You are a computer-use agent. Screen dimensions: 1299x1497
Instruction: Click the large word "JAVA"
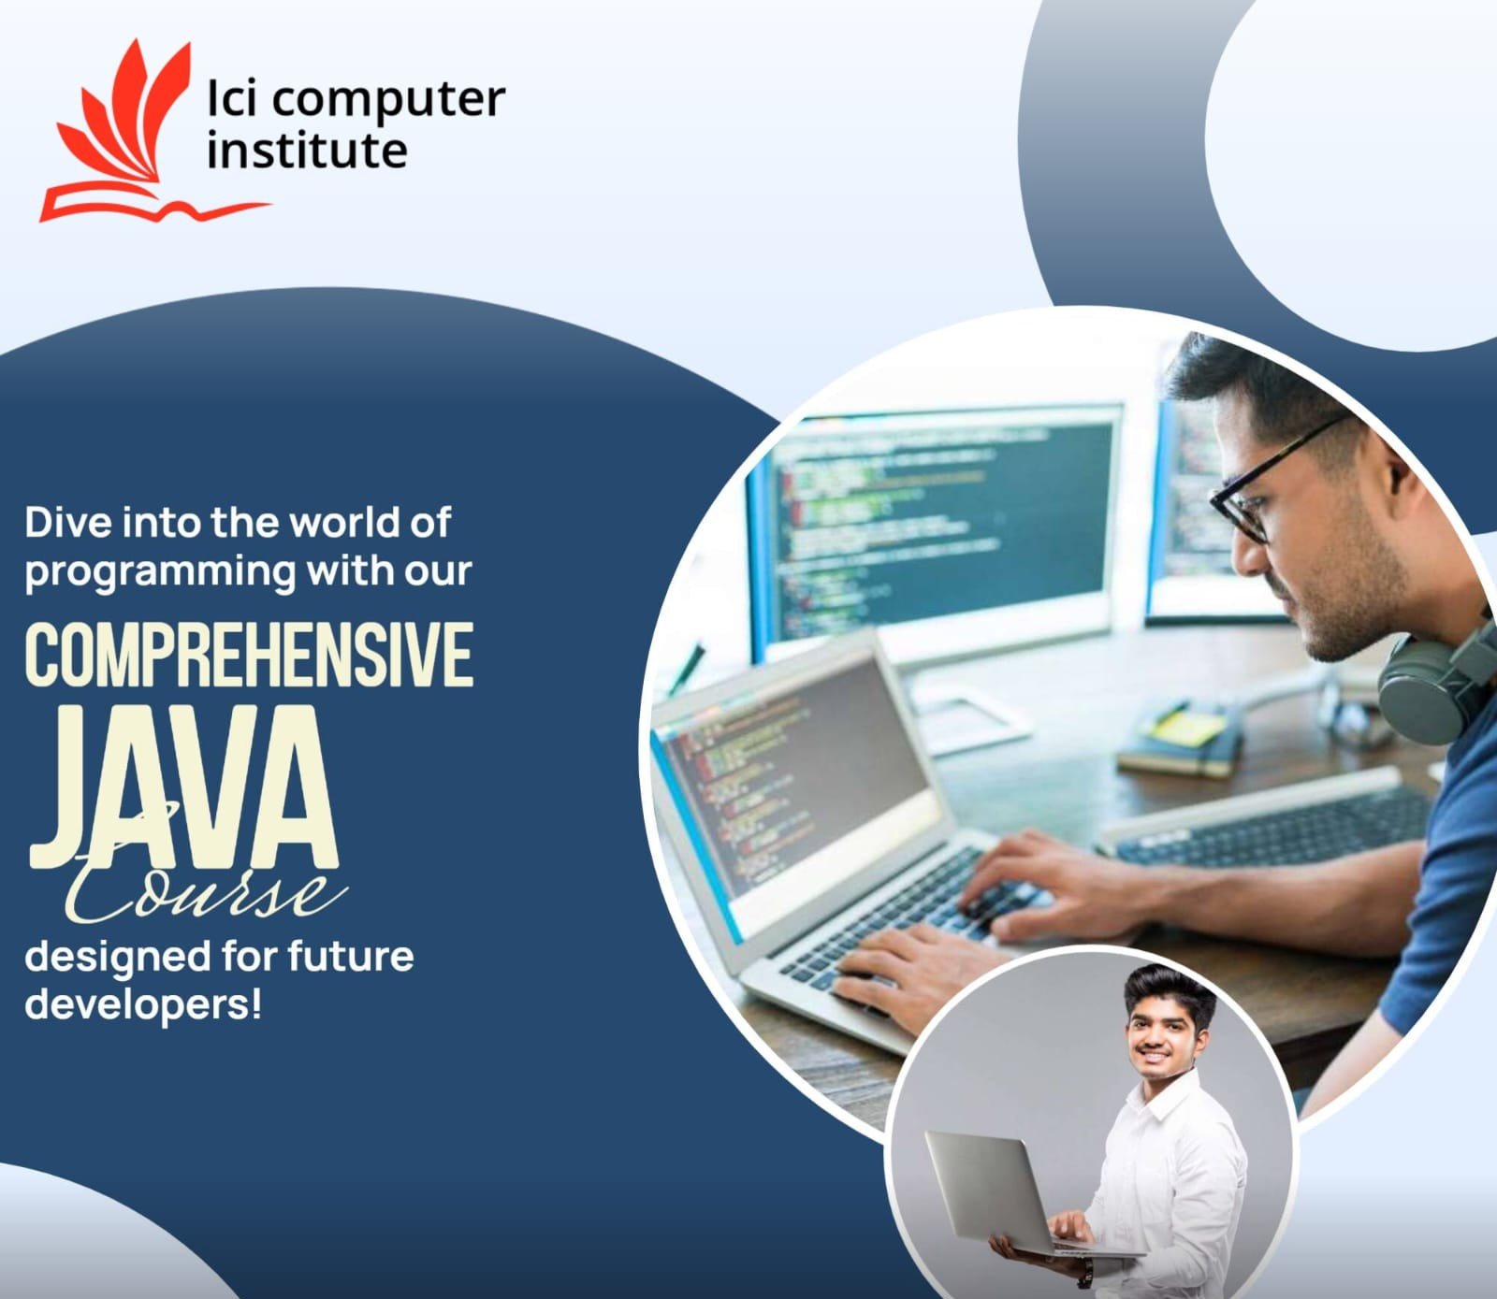pyautogui.click(x=182, y=790)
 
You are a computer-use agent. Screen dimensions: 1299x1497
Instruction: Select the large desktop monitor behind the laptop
pyautogui.click(x=945, y=524)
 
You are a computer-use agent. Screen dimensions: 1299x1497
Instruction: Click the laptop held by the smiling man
pyautogui.click(x=1001, y=1192)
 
